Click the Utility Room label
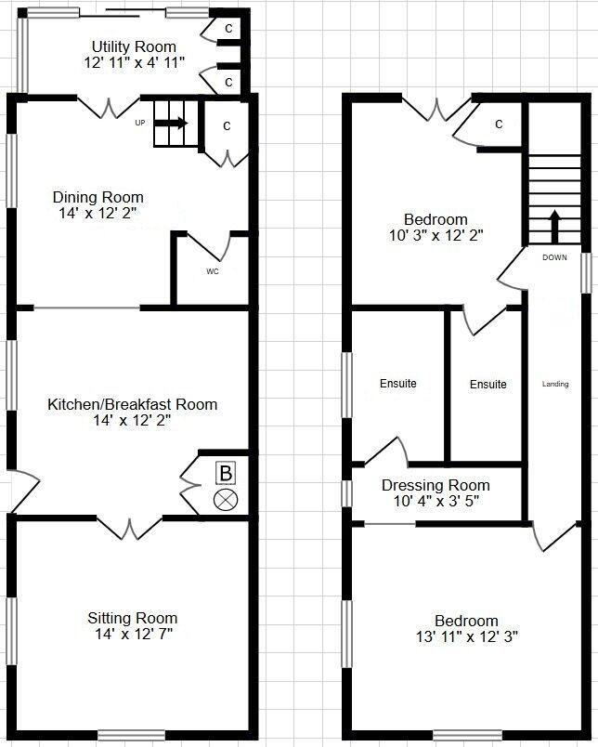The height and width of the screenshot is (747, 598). click(x=134, y=46)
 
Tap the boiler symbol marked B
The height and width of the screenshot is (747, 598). click(x=225, y=473)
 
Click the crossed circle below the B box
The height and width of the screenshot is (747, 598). click(x=225, y=500)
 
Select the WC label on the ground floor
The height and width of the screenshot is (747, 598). click(x=212, y=272)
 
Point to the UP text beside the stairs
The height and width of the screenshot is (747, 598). click(x=140, y=123)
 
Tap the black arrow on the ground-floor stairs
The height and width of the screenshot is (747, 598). click(x=175, y=123)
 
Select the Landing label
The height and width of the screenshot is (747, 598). click(x=555, y=384)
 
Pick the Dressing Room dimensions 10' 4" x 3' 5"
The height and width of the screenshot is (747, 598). click(x=435, y=502)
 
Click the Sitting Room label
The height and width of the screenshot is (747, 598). click(x=132, y=618)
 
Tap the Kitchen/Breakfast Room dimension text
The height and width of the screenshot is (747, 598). click(x=132, y=420)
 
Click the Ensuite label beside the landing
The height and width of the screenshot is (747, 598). click(x=488, y=384)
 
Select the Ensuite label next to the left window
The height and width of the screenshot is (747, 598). click(x=398, y=384)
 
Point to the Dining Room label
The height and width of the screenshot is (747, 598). click(x=97, y=197)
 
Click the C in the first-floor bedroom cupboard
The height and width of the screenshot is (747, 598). click(x=499, y=124)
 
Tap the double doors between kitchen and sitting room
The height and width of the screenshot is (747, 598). click(x=130, y=527)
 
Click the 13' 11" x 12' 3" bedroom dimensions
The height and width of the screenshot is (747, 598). click(x=466, y=637)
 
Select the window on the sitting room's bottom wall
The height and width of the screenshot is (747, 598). click(x=131, y=736)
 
